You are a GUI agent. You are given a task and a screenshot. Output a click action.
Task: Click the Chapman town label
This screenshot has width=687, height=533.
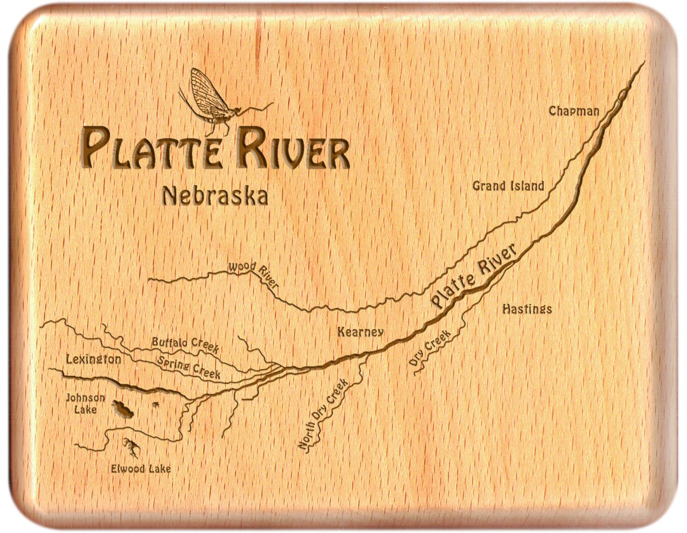coord(574,111)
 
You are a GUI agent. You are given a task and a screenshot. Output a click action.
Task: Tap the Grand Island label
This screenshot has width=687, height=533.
coord(508,186)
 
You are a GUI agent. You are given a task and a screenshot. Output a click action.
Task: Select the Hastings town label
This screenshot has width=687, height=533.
coord(527,309)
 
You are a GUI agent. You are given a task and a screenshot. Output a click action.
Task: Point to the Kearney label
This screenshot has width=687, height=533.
coord(360,332)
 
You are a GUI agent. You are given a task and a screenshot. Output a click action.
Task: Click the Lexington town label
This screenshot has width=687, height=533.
coord(93,359)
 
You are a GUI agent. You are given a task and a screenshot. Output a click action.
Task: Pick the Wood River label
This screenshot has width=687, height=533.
coord(253,274)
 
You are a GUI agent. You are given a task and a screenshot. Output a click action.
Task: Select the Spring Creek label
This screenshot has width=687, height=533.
coord(189,367)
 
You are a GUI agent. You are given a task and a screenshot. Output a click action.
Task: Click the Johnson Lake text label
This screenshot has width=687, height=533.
coord(86,403)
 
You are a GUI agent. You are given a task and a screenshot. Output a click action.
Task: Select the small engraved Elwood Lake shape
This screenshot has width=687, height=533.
coord(132,448)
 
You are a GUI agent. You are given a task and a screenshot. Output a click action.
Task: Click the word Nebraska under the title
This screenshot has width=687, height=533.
coord(214,196)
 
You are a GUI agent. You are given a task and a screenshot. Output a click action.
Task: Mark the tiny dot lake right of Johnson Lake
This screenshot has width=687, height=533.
coord(155,404)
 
